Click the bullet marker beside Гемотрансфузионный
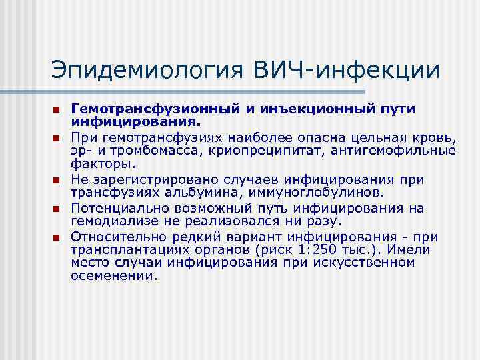tap(57, 109)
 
